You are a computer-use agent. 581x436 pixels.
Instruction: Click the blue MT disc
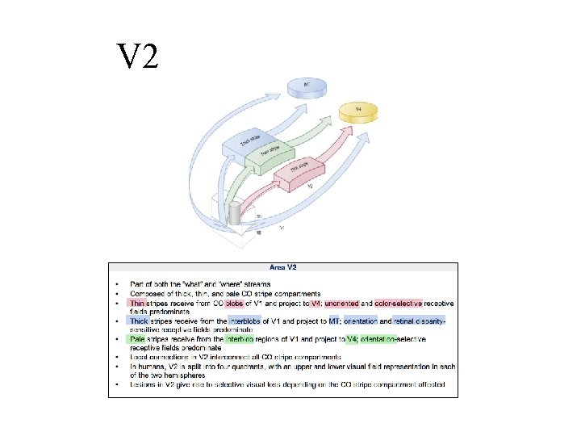pos(306,86)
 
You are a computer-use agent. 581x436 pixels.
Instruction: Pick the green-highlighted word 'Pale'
pos(136,339)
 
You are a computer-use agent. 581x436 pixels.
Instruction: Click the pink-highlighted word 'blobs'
pos(236,304)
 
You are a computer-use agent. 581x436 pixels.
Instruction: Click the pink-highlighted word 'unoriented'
pos(343,304)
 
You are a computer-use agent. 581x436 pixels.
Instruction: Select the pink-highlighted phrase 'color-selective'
pos(403,304)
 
